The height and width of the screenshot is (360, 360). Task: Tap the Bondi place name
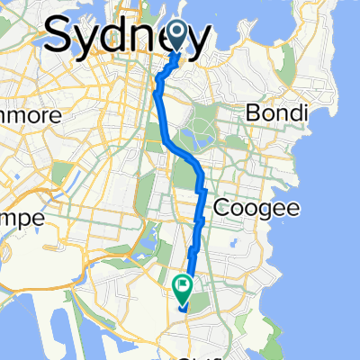tap(277, 114)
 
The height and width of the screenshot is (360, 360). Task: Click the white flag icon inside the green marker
tap(182, 287)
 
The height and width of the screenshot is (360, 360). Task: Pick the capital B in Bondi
tap(254, 114)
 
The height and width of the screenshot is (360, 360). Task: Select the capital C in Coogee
tap(220, 209)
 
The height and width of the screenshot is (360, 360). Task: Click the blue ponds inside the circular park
tap(194, 139)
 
